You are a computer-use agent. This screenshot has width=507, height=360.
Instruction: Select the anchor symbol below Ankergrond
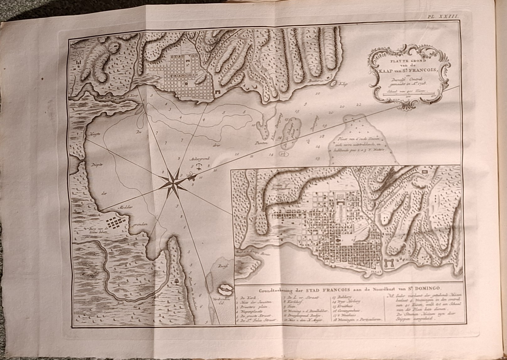pos(198,166)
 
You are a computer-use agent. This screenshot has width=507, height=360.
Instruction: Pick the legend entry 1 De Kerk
pos(243,296)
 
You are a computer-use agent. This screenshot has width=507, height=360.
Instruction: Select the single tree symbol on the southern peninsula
pos(178,281)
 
